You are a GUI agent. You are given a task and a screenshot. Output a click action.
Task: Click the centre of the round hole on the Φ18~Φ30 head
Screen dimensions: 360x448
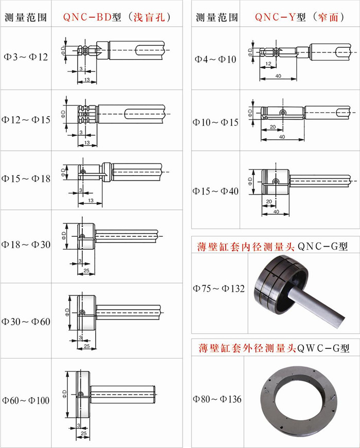point(82,236)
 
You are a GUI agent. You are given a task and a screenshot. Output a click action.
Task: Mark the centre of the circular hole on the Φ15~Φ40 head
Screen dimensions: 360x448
point(276,181)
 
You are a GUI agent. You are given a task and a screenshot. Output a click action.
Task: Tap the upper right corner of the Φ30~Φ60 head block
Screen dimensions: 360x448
point(96,296)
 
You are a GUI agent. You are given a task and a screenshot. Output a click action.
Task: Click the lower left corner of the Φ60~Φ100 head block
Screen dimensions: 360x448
point(76,419)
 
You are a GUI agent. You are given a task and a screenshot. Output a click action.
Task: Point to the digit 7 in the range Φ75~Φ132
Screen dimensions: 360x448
point(204,288)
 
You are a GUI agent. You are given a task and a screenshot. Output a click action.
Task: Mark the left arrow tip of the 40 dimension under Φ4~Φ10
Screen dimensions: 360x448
point(260,79)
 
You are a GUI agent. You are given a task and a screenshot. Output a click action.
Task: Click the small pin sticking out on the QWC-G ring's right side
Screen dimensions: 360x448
point(333,397)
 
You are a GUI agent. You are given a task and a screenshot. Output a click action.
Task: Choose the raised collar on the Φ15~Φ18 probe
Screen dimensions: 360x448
point(107,172)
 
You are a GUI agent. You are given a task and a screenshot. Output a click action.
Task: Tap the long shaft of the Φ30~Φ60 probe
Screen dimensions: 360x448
point(129,312)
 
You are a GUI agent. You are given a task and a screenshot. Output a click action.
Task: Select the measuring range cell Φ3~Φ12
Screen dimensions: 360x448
point(26,57)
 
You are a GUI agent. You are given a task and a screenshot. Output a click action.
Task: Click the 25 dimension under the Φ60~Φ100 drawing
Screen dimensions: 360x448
point(83,434)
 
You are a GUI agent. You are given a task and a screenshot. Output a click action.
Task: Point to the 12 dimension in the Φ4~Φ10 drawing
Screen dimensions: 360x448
point(268,64)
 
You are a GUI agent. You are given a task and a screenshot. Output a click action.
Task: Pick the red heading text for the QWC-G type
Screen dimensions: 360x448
point(247,348)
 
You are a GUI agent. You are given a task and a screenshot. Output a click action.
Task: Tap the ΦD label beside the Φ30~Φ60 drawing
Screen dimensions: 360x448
point(67,312)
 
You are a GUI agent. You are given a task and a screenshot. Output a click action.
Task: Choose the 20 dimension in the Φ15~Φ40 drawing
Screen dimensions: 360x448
point(269,201)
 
